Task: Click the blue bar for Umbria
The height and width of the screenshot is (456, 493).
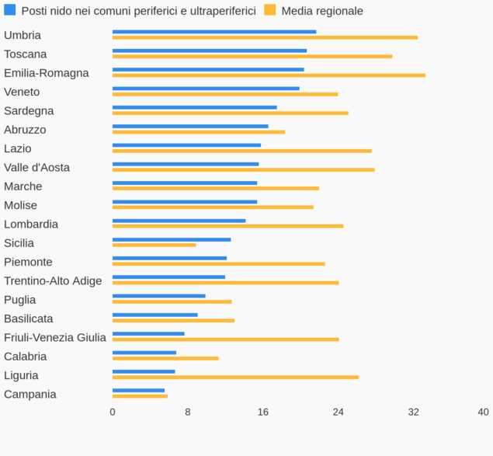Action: point(214,32)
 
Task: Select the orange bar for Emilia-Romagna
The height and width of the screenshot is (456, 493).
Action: point(269,75)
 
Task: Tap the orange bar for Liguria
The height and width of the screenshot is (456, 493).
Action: point(235,378)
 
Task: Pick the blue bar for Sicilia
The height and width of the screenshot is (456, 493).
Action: point(172,239)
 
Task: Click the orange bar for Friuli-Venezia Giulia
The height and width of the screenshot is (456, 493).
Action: point(225,339)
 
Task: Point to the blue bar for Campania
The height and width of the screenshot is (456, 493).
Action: point(138,390)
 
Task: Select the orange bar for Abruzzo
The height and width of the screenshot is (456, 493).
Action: point(199,132)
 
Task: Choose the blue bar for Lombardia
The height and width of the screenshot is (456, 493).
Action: point(179,221)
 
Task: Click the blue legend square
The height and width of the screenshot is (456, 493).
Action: point(10,10)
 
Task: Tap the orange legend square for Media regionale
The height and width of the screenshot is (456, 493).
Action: point(270,10)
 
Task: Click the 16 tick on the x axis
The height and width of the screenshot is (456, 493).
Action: point(263,412)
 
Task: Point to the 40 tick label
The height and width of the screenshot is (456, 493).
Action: point(483,412)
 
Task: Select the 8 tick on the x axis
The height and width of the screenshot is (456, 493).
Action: point(188,412)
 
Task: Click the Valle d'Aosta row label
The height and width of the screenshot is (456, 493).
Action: point(36,168)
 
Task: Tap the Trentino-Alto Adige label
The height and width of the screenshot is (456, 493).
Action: point(53,281)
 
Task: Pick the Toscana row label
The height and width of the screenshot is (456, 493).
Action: point(25,54)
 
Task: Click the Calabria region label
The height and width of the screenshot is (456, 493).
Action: point(25,357)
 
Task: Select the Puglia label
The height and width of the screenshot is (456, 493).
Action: point(19,300)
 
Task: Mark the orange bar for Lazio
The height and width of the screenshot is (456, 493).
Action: point(242,151)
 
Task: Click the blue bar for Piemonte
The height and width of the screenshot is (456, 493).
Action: point(169,258)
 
